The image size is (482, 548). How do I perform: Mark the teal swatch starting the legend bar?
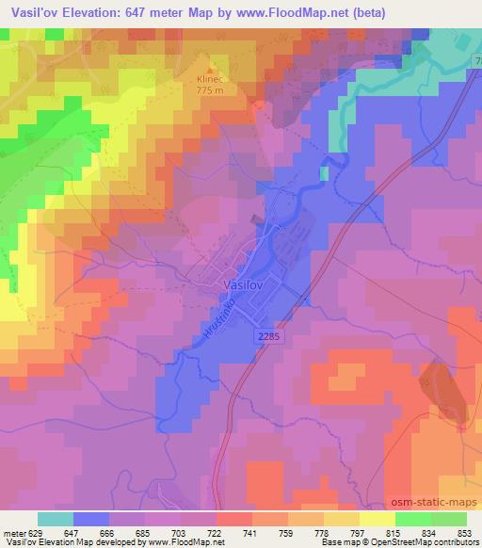click(55, 519)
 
